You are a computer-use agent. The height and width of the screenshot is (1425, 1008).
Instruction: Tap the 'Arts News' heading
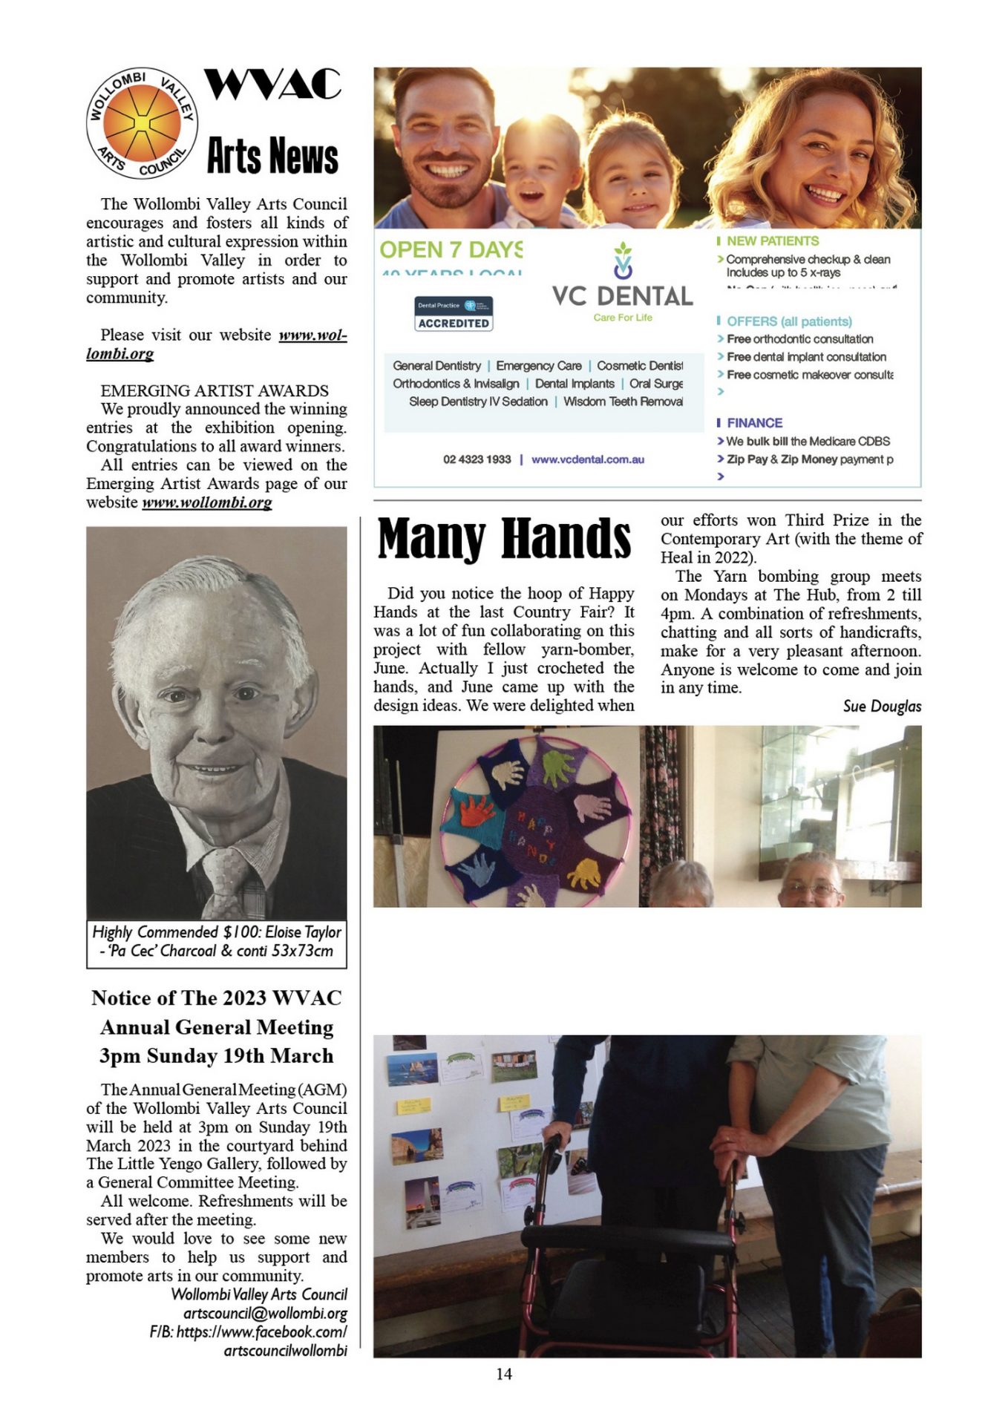pos(272,156)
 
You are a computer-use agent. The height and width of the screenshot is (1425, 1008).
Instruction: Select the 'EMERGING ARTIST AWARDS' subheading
pos(215,390)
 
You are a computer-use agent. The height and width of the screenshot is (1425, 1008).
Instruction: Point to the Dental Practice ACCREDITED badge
pos(454,314)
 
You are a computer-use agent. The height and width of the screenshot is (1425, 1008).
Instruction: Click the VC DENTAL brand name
pos(622,296)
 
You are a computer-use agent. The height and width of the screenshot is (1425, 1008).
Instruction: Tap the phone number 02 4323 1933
pos(477,459)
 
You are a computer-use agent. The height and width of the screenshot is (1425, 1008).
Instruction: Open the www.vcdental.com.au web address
pos(588,459)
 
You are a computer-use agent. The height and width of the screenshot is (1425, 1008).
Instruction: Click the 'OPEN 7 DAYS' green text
pos(451,250)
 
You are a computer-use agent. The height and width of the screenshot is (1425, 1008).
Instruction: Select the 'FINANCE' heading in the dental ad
pos(754,423)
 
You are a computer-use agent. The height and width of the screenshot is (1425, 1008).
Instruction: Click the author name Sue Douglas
pos(882,706)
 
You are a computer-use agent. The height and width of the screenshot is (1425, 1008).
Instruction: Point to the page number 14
pos(504,1374)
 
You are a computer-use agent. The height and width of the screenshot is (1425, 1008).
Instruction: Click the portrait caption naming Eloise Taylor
pos(217,941)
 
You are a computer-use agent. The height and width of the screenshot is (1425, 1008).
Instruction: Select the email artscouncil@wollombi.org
pos(265,1314)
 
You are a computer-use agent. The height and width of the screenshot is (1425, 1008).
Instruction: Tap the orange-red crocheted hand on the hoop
pos(477,811)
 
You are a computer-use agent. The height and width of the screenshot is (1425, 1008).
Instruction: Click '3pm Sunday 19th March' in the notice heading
pos(217,1055)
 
